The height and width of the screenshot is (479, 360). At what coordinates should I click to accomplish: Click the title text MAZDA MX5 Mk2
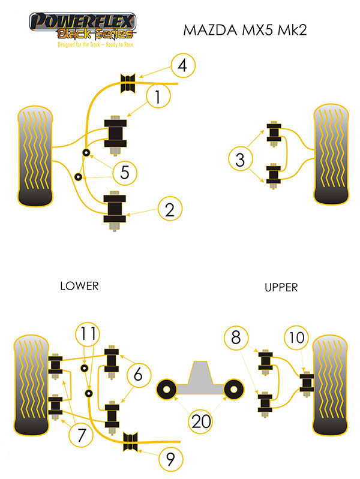[244, 30]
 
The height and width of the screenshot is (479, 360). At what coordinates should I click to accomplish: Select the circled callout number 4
[182, 65]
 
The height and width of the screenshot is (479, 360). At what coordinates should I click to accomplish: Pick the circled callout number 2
[170, 209]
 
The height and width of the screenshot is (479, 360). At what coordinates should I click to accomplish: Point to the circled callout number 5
[125, 173]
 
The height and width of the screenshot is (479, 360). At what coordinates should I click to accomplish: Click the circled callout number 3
[240, 160]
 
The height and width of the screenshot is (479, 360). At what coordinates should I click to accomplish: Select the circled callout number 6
[139, 376]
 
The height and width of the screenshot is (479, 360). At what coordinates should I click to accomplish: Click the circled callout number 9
[170, 460]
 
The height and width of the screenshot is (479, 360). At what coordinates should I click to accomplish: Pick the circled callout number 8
[236, 338]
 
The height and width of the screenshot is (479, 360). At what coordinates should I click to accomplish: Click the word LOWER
[79, 286]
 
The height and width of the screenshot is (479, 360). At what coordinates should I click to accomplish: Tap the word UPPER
[281, 288]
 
